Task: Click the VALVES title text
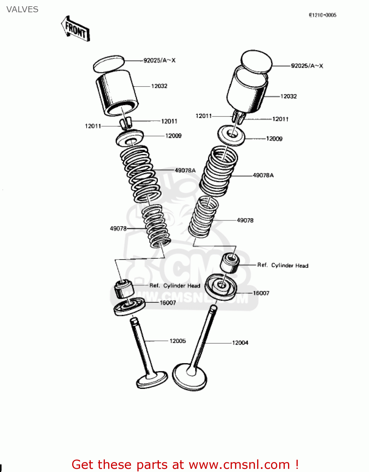point(22,9)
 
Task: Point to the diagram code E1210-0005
point(322,15)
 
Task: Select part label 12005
point(177,341)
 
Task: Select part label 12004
point(240,343)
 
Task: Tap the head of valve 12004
point(190,377)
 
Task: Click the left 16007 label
point(168,303)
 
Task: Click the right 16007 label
point(261,293)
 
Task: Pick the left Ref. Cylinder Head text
point(175,286)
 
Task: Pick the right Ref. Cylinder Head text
point(283,265)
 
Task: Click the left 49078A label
point(185,170)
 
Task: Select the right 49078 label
point(245,220)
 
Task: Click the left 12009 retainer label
point(173,136)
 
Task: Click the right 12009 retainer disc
point(231,135)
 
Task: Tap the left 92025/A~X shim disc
point(109,64)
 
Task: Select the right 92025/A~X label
point(307,66)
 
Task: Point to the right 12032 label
point(289,96)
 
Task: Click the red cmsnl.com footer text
point(185,464)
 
